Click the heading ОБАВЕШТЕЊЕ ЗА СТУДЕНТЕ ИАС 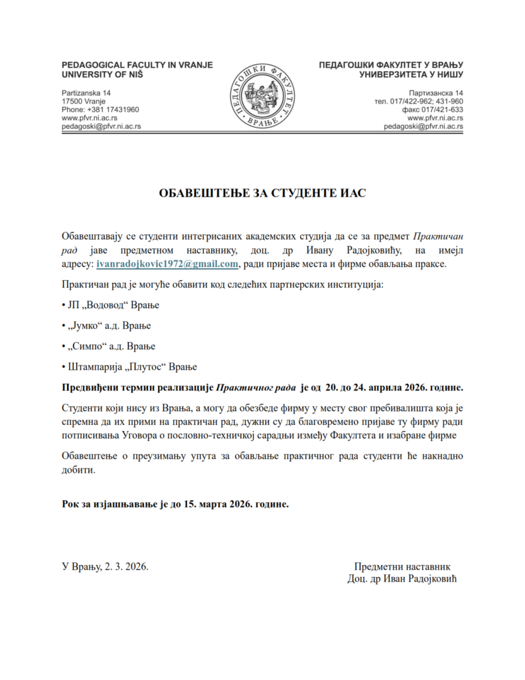tap(262, 193)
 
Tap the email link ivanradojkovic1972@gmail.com tap(167, 264)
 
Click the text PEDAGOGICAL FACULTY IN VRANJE tap(137, 65)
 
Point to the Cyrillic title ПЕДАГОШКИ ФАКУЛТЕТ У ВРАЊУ tap(391, 65)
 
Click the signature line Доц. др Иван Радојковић tap(402, 578)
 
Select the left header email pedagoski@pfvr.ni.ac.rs tap(101, 126)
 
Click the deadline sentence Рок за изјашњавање tap(175, 504)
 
